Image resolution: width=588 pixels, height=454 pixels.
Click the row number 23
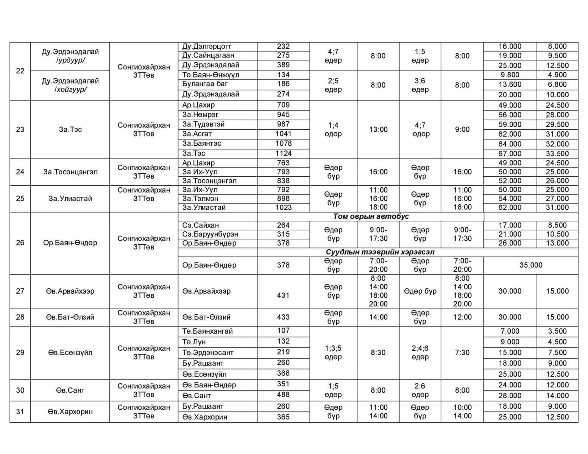coord(20,129)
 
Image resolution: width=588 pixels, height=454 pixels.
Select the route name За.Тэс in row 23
coord(70,129)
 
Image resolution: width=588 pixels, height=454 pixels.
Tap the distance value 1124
coord(283,153)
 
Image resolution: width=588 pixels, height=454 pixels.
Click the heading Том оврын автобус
coord(371,216)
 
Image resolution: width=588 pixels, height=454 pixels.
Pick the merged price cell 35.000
coord(530,265)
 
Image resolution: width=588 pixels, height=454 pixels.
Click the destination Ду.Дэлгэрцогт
coord(207,47)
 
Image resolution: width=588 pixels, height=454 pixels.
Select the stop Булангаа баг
coord(205,84)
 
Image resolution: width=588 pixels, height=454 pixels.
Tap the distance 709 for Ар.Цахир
coord(283,105)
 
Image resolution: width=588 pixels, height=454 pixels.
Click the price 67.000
coord(510,154)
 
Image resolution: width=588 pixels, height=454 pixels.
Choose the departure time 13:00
coord(378,129)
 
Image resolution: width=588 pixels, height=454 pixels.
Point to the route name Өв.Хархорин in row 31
coord(70,412)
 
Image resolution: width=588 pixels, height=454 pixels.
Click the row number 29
coord(20,353)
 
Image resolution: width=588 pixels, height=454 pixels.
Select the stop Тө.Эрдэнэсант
coord(208,353)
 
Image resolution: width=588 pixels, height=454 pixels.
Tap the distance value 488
coord(283,395)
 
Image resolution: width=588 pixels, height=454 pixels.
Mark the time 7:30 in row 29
coord(462,353)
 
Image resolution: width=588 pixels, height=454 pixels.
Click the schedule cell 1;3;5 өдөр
coord(333,353)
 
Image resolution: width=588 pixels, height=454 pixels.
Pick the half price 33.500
coord(557,154)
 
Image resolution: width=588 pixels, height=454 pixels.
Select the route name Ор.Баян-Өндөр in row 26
coord(70,243)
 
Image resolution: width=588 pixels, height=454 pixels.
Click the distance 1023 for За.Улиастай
coord(283,207)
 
